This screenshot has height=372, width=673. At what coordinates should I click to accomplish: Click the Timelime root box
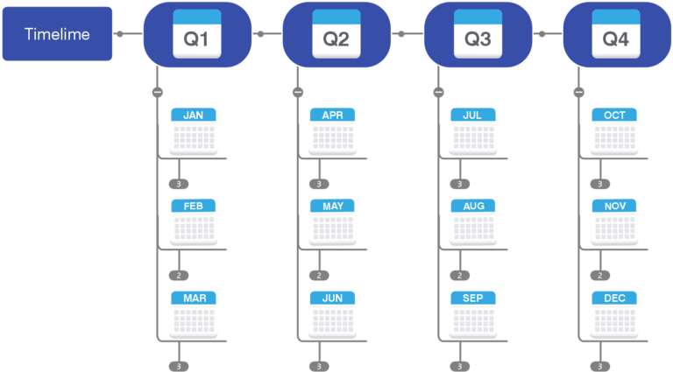pos(57,34)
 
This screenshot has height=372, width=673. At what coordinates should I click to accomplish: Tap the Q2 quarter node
pos(336,34)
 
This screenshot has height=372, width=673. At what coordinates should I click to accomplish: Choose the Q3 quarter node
pos(478,34)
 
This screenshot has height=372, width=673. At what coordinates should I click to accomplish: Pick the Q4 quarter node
pos(616,34)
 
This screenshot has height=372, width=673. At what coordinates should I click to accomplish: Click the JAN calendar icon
pos(193,130)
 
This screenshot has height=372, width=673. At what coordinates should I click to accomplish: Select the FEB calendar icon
pos(193,221)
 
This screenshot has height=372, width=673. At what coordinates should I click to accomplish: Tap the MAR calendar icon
pos(193,313)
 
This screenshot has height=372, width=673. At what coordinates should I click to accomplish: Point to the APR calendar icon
pos(332,130)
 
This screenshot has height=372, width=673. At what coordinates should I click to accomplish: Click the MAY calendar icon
pos(332,221)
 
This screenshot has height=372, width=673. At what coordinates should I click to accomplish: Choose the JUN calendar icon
pos(332,313)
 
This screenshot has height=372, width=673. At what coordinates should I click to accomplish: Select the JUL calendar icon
pos(472,130)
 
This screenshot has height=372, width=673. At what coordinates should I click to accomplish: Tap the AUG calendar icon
pos(472,221)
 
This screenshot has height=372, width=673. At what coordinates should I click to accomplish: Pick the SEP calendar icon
pos(472,313)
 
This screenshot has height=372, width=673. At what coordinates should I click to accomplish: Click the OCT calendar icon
pos(613,130)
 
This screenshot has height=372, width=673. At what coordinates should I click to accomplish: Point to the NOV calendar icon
pos(613,221)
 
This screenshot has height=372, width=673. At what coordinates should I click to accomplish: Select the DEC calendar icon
pos(613,313)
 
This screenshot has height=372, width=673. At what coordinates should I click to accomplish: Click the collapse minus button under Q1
pos(157,92)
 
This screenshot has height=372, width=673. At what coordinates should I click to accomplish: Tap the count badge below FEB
pos(179,275)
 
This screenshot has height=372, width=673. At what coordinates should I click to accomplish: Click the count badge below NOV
pos(599,275)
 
